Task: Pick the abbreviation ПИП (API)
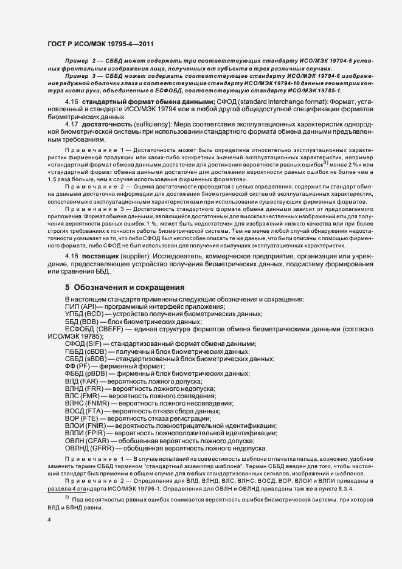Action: click(81, 307)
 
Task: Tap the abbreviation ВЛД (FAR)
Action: click(81, 380)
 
